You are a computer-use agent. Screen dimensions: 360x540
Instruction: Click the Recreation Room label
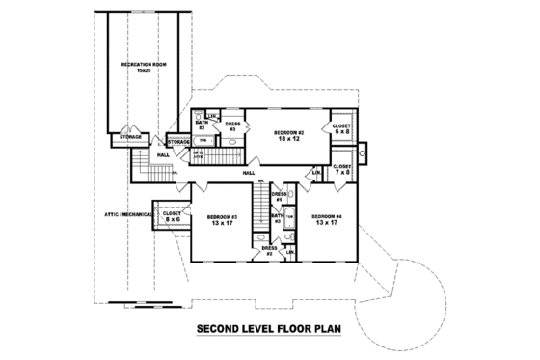139,66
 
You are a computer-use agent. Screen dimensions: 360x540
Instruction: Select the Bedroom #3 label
223,220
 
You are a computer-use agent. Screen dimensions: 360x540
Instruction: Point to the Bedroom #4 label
325,220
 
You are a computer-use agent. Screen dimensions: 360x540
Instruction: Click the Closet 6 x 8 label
340,128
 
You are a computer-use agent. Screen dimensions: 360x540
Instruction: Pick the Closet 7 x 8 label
341,169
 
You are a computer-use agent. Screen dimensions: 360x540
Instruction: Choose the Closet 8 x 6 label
172,217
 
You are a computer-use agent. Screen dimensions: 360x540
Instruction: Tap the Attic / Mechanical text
125,213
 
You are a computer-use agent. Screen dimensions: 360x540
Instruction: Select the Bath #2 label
202,125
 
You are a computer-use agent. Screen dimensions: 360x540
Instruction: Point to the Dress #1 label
278,198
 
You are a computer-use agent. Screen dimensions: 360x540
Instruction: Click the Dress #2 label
269,250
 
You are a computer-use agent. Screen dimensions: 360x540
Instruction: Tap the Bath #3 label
277,218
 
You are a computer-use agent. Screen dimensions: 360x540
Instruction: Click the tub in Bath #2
202,141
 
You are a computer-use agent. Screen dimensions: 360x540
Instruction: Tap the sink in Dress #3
231,141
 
